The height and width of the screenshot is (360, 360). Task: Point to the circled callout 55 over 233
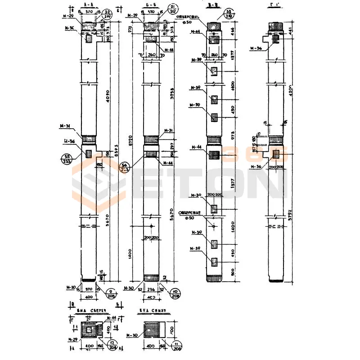(67, 160)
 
